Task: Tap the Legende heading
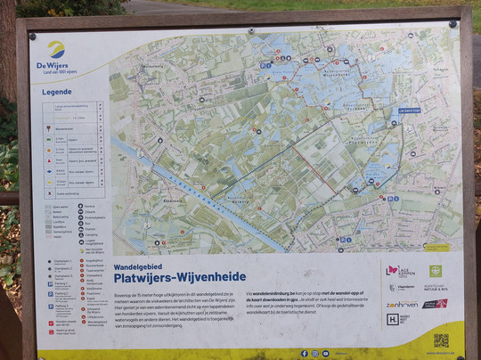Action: tap(57, 92)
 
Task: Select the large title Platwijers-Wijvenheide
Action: tap(179, 276)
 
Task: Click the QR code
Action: tap(440, 340)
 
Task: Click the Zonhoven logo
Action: tap(402, 304)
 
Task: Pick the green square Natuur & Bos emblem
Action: tap(436, 271)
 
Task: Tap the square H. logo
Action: tap(393, 319)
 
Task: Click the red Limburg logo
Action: tap(436, 304)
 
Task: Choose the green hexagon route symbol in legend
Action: tap(47, 140)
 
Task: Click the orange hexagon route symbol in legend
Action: tap(47, 151)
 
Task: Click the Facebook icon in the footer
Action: tap(304, 353)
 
